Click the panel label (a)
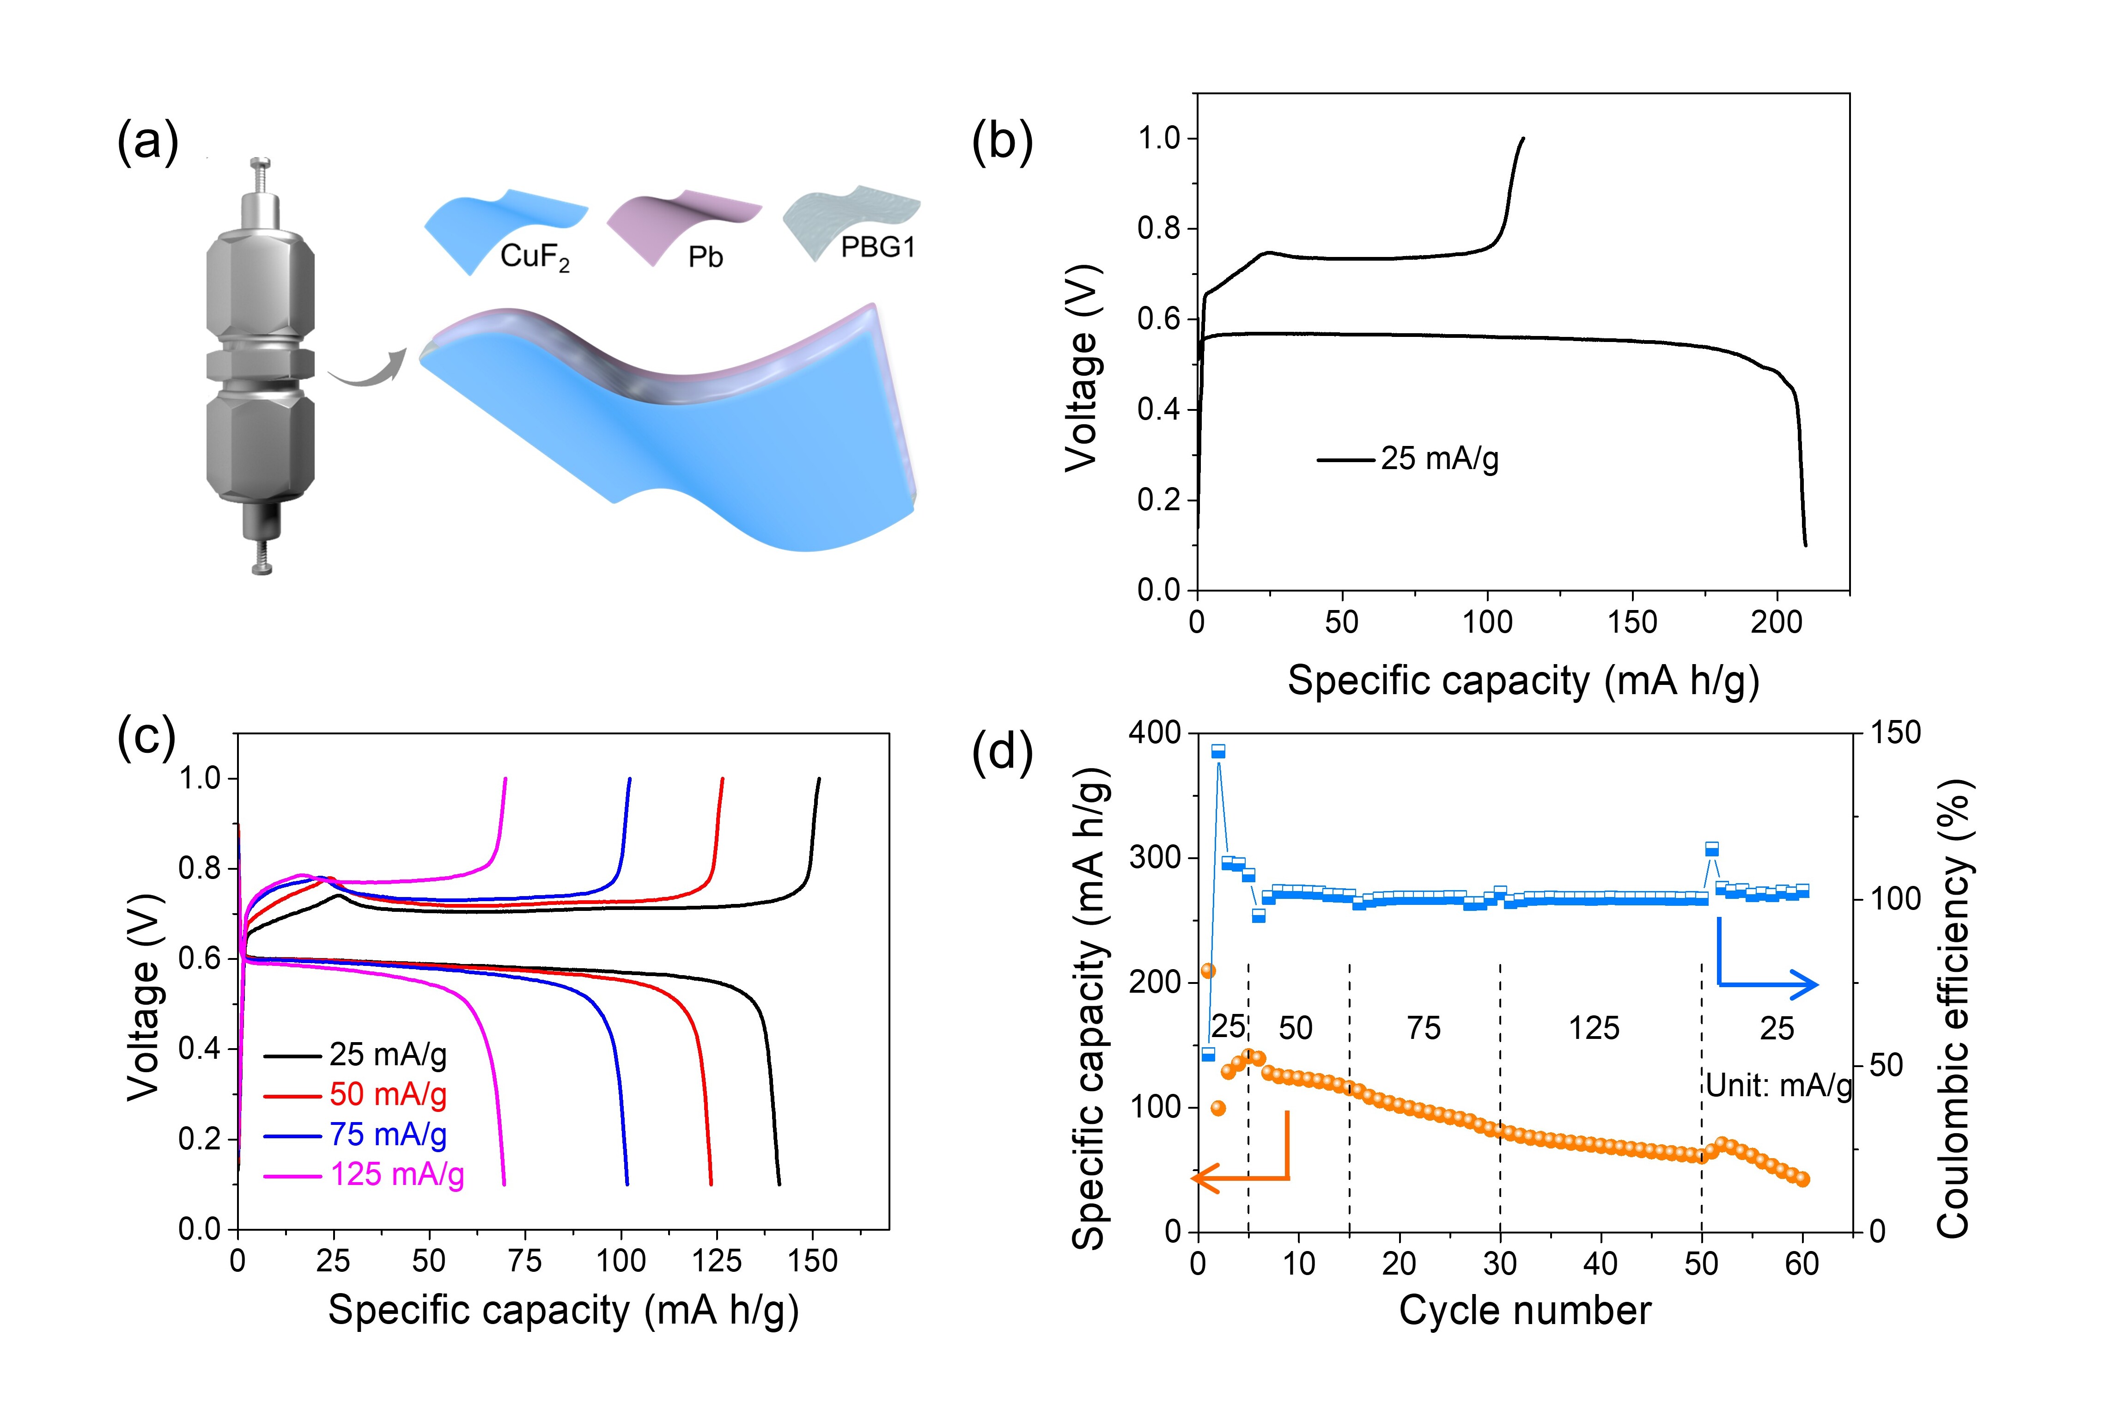tap(148, 141)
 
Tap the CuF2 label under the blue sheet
tap(535, 257)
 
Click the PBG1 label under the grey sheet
tap(877, 247)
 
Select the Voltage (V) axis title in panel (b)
tap(1082, 367)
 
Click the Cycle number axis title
tap(1525, 1311)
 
